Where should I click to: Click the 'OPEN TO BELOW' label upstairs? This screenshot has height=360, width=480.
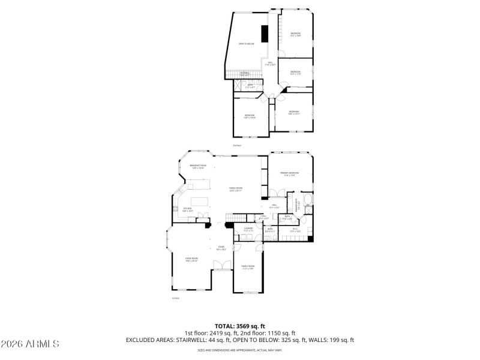click(x=246, y=44)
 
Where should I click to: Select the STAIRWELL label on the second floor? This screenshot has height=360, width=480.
click(x=245, y=74)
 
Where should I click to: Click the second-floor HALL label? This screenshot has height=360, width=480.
click(x=270, y=63)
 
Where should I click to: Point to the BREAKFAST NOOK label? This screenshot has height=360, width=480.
click(x=198, y=166)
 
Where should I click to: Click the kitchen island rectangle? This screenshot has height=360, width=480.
click(x=199, y=201)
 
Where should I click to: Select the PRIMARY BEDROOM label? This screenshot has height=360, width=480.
click(x=289, y=174)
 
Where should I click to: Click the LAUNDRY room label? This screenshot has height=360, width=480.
click(x=248, y=229)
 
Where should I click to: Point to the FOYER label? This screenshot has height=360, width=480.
click(x=221, y=247)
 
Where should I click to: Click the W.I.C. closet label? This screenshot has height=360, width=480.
click(x=295, y=229)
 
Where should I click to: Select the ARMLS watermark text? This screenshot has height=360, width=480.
click(x=30, y=344)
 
